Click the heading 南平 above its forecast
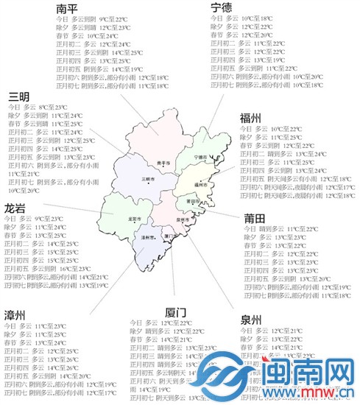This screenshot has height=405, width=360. [68, 10]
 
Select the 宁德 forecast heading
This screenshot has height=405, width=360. [222, 9]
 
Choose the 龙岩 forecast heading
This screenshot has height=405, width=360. [15, 208]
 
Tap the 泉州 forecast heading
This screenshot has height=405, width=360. [250, 321]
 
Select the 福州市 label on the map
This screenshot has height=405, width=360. [202, 184]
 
